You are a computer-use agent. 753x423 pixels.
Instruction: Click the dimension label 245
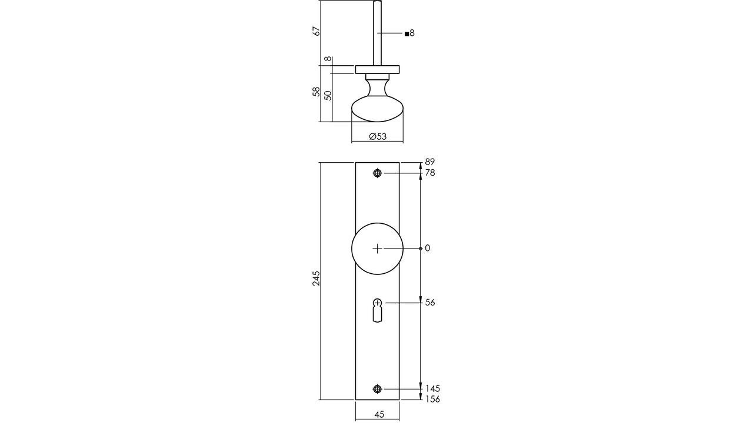tap(316, 278)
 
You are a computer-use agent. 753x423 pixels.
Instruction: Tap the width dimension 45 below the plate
tap(379, 414)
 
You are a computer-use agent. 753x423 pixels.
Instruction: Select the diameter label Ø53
tap(378, 136)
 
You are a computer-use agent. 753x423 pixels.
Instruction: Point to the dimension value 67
tap(316, 31)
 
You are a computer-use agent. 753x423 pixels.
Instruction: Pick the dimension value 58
tap(316, 92)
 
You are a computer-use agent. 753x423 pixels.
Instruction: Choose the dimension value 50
tap(328, 95)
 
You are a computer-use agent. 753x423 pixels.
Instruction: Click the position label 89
tap(430, 162)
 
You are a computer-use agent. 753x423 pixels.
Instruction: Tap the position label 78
tap(430, 173)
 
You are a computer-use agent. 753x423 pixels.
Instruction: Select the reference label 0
tap(428, 249)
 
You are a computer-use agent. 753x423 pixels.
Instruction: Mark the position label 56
tap(430, 303)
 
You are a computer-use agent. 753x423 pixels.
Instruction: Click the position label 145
tap(432, 388)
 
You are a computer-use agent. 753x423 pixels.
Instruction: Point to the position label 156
tap(432, 399)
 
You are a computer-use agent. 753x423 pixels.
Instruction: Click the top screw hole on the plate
tap(377, 173)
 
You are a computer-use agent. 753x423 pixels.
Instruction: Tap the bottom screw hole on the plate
tap(377, 389)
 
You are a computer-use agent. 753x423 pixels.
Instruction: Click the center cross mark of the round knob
tap(377, 249)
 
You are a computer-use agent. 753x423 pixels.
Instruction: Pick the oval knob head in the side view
tap(377, 111)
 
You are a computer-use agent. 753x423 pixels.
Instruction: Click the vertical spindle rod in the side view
tap(377, 32)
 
